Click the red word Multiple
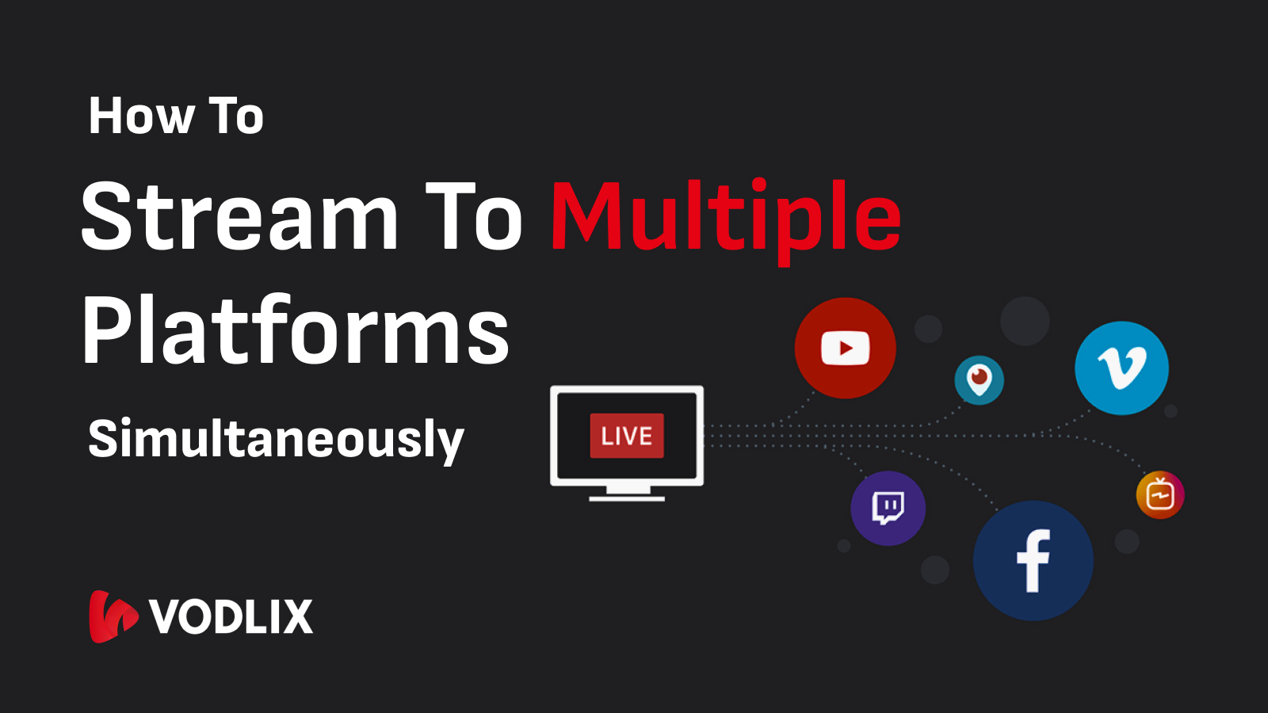coord(726,221)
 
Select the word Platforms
coord(296,330)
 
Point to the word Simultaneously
coord(277,440)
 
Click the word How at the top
coord(141,116)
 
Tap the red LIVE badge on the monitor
coord(627,436)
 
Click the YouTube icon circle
coord(845,348)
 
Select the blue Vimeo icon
coord(1121,368)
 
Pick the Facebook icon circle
coord(1033,560)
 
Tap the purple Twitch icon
coord(888,508)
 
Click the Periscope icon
coord(980,379)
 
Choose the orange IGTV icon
coord(1160,494)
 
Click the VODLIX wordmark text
coord(231,616)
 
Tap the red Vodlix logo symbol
coord(113,617)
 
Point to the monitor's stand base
coord(627,498)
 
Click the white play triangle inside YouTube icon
coord(846,348)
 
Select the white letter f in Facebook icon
coord(1033,561)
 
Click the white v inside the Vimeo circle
coord(1122,368)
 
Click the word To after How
coord(236,116)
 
